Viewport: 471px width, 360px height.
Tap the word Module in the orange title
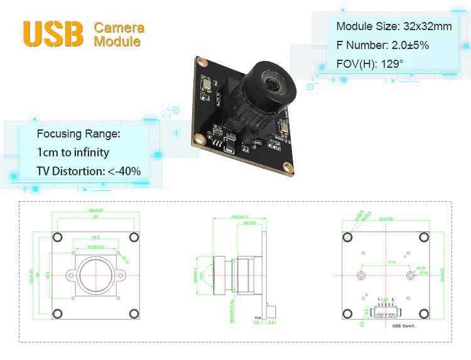click(x=117, y=41)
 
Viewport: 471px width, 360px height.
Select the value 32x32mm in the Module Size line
click(x=427, y=26)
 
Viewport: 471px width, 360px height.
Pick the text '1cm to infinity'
click(x=73, y=152)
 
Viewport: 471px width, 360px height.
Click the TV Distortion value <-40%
click(x=124, y=171)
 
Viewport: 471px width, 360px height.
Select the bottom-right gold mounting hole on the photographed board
click(x=288, y=166)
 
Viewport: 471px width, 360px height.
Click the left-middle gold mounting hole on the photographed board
click(x=198, y=138)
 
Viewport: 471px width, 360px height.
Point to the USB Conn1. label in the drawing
click(x=403, y=326)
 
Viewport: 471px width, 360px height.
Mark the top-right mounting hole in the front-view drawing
click(x=134, y=237)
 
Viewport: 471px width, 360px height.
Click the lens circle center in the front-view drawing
click(x=95, y=275)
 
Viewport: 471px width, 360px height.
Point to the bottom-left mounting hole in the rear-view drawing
click(x=347, y=314)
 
